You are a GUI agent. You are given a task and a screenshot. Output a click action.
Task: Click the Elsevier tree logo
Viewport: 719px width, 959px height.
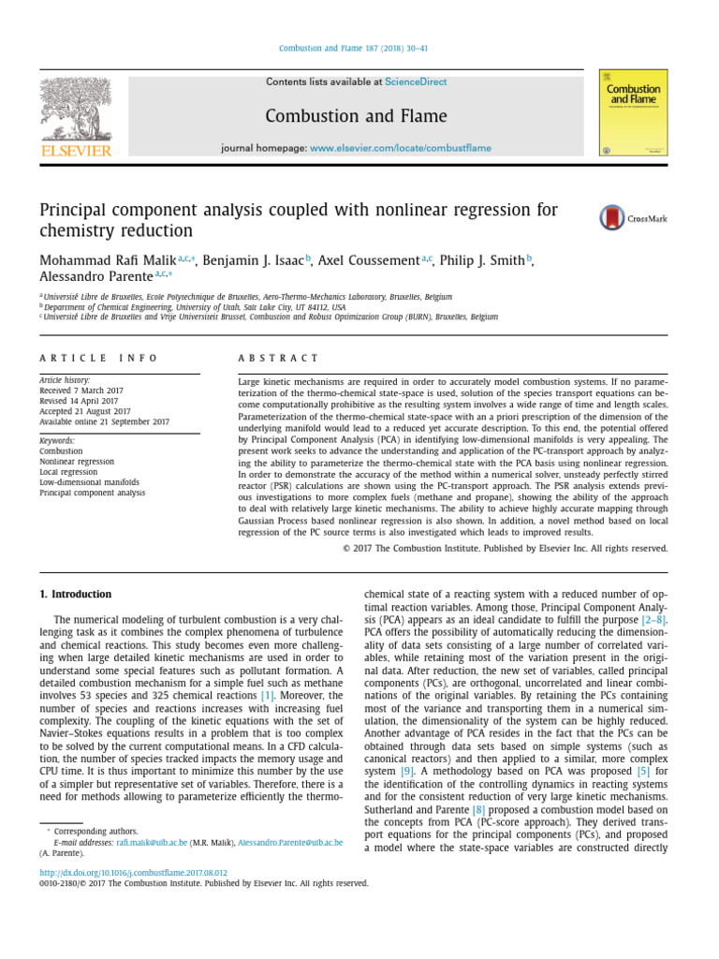75,110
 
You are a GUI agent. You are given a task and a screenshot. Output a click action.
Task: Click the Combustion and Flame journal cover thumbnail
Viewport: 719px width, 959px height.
633,111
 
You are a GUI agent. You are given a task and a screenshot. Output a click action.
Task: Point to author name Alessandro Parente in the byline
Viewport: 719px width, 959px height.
96,278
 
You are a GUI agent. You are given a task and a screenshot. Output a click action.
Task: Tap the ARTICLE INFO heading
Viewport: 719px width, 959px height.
98,358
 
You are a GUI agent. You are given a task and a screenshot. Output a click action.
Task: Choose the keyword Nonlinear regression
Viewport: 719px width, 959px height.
77,462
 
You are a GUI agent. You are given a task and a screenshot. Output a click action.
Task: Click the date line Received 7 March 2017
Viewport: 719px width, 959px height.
82,391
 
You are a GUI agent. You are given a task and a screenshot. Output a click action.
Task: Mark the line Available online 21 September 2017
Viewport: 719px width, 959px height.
104,421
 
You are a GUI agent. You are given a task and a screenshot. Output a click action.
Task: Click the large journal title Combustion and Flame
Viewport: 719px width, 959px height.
356,116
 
